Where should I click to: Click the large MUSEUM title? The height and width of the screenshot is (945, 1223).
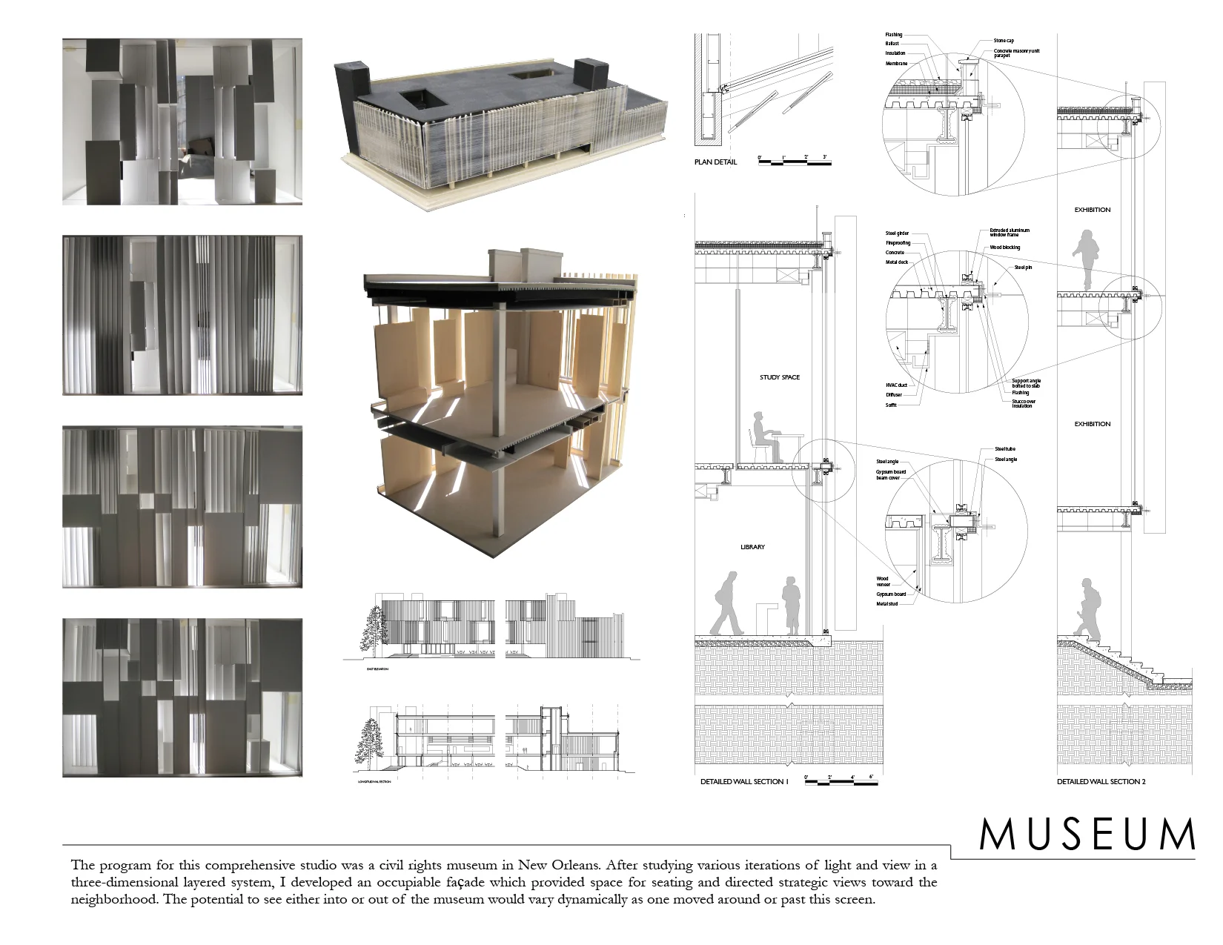pos(1087,835)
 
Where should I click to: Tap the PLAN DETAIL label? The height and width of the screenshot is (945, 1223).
pos(715,162)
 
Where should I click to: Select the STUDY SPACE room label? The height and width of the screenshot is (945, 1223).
pos(780,377)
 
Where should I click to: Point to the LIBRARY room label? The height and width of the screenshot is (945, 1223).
pos(752,547)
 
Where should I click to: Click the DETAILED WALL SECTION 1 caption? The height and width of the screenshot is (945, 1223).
pos(744,781)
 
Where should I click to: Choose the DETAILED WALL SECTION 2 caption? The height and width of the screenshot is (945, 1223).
pos(1101,781)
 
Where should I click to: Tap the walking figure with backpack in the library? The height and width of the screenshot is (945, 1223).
pos(727,603)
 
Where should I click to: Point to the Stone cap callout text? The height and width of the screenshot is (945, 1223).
pos(1004,41)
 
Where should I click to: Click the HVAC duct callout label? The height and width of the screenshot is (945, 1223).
pos(897,385)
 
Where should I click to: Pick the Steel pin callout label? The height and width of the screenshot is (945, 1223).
pos(1023,267)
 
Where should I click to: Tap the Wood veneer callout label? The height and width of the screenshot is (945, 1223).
pos(882,582)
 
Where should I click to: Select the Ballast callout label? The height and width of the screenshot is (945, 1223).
pos(892,44)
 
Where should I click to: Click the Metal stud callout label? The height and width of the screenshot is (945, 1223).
pos(886,604)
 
